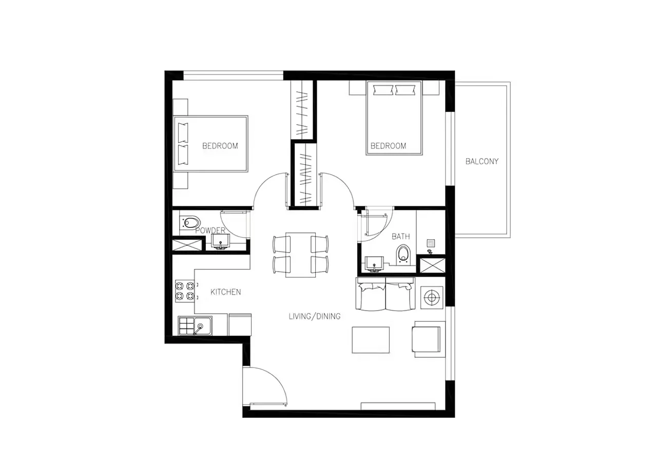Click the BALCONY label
tap(482, 161)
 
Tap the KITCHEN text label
tap(226, 292)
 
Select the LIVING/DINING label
tap(314, 316)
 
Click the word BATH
tap(400, 237)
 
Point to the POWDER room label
tap(210, 230)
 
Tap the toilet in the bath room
tap(404, 254)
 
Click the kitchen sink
tap(195, 325)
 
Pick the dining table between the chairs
tap(300, 255)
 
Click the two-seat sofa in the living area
tap(385, 295)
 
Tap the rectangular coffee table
tap(370, 340)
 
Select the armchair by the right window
tap(427, 339)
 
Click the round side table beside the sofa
tap(431, 297)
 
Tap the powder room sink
tap(221, 242)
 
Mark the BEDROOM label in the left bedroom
tap(220, 146)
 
